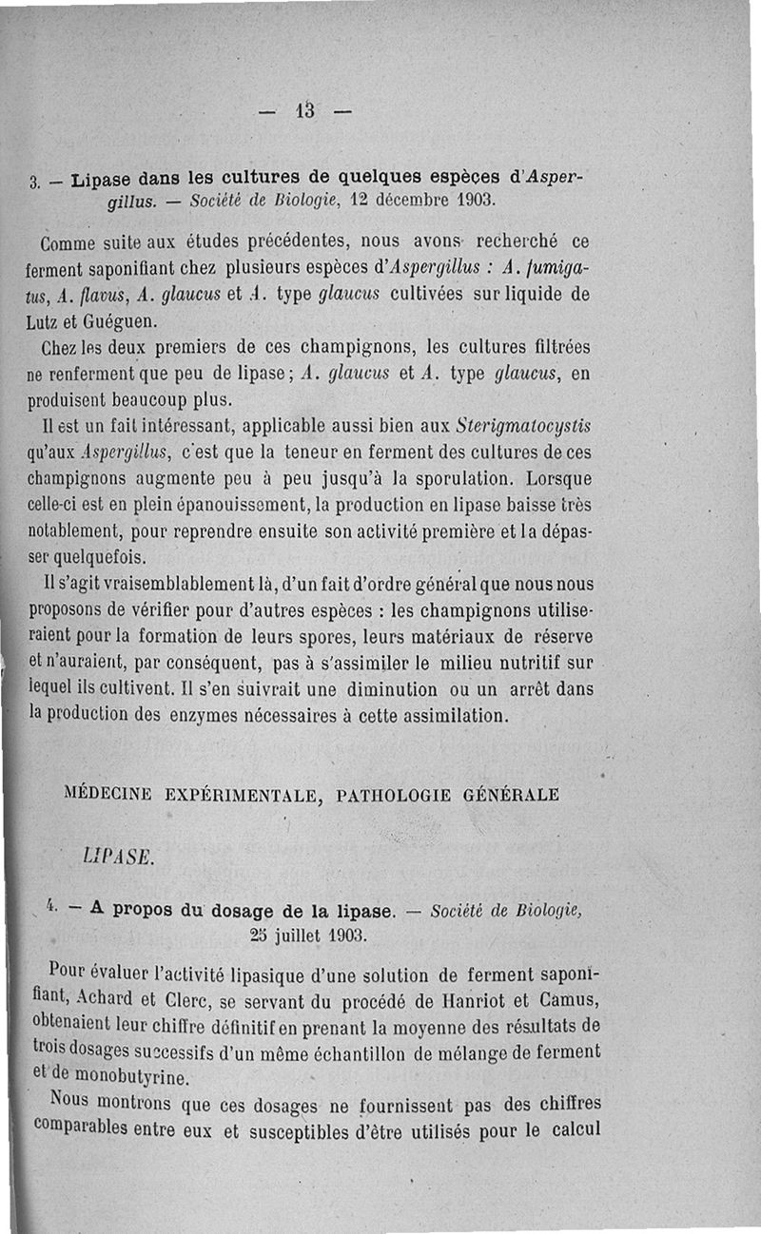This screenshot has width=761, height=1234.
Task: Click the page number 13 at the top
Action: (305, 110)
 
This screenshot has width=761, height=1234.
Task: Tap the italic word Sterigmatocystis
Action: (530, 425)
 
